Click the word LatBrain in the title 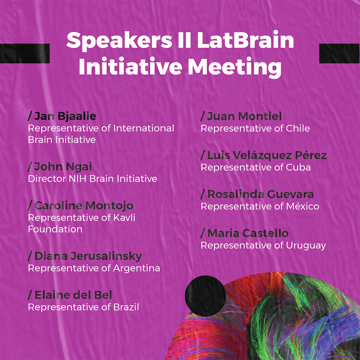point(245,40)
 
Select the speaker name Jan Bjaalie point(65,116)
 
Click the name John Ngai point(63,167)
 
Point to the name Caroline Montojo point(84,205)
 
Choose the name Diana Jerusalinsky point(88,256)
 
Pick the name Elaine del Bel point(73,295)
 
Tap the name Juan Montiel point(244,116)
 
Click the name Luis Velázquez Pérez point(267,155)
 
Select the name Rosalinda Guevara point(260,194)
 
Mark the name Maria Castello point(248,233)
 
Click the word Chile point(298,128)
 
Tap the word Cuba point(298,168)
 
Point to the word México point(303,206)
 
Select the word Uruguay point(306,246)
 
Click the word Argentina point(137,269)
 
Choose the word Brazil point(126,307)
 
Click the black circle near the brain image point(205,296)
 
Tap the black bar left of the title point(25,53)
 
